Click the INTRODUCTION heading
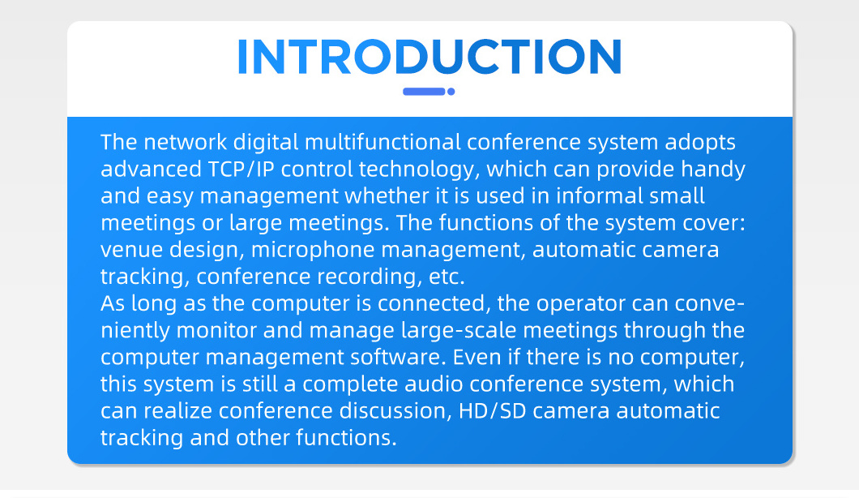click(430, 57)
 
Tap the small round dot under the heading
click(451, 92)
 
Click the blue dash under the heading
click(424, 92)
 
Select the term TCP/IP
click(241, 169)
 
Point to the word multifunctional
click(382, 142)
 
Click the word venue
click(131, 250)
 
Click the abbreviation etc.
click(447, 277)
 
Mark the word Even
click(477, 357)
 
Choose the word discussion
click(395, 411)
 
